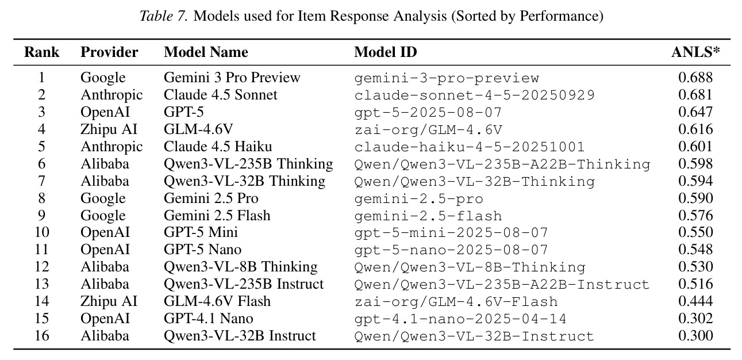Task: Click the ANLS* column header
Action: tap(695, 52)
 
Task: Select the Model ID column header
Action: tap(385, 52)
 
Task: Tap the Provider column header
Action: tap(109, 52)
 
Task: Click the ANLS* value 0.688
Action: tap(695, 78)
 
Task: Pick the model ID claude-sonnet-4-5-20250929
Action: tap(474, 95)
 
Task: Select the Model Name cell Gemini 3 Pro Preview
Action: tap(232, 78)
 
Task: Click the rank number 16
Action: tap(42, 336)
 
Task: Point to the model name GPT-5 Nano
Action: tap(202, 250)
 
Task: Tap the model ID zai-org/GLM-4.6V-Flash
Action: tap(456, 302)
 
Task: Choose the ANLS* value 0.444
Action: tap(695, 301)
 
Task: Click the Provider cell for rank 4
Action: tap(109, 129)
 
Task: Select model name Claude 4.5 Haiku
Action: tap(218, 147)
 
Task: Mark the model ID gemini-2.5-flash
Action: tap(428, 216)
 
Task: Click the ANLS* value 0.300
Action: tap(695, 336)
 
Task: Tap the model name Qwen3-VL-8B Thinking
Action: tap(240, 267)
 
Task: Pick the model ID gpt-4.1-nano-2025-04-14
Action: tap(460, 319)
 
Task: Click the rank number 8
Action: tap(42, 198)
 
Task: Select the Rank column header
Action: tap(42, 52)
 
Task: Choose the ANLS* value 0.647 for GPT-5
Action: tap(695, 112)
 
